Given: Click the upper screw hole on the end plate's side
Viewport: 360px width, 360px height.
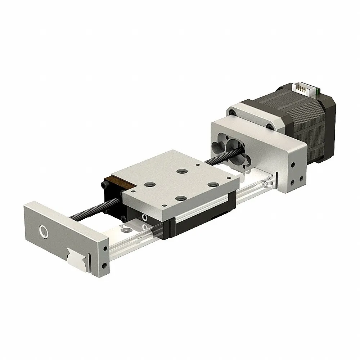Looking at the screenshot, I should point(104,248).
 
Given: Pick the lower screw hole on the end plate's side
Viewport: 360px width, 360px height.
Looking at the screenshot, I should point(104,266).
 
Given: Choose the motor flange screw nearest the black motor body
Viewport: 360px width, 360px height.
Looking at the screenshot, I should point(269,126).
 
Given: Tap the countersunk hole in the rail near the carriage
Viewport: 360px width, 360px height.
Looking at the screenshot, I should point(127,229).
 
